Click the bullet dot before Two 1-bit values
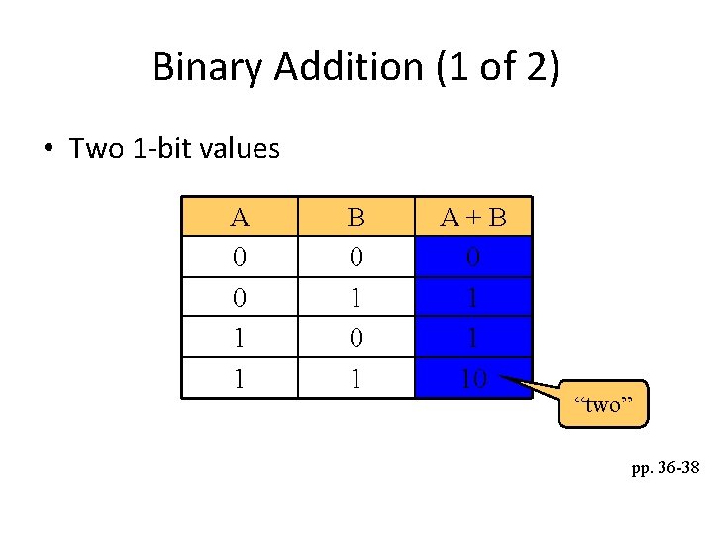(x=48, y=150)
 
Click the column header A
(x=239, y=218)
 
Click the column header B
(x=356, y=218)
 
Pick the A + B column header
(x=473, y=218)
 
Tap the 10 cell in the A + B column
(x=473, y=377)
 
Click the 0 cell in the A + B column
(x=473, y=257)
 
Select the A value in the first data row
(x=239, y=257)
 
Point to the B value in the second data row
(x=356, y=298)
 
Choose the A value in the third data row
(x=239, y=337)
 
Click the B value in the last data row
(x=356, y=377)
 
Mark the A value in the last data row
(x=239, y=377)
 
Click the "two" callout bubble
(x=603, y=404)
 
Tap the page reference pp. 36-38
(x=664, y=467)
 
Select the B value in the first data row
(x=356, y=257)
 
